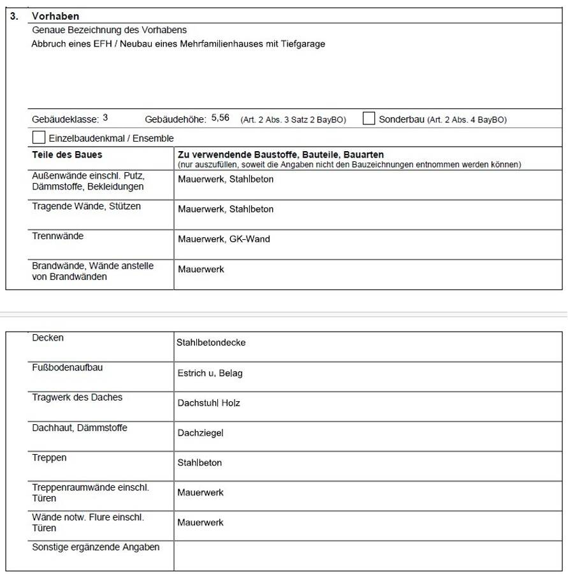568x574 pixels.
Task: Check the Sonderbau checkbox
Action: [x=368, y=119]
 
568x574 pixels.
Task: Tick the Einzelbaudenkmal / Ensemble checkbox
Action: [x=39, y=137]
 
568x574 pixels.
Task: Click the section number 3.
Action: [x=14, y=16]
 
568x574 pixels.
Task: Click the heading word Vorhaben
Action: [x=55, y=16]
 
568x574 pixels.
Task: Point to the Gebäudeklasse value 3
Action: [x=105, y=118]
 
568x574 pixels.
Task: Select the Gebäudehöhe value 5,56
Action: [x=220, y=118]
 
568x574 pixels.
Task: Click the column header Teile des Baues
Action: [x=67, y=155]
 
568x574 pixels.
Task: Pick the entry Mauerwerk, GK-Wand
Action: [x=224, y=239]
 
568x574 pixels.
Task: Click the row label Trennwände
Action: [x=57, y=236]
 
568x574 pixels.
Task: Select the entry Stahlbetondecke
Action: [x=211, y=342]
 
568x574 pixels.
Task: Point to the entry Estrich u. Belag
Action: [x=210, y=373]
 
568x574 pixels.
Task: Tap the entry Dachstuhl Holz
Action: [x=208, y=403]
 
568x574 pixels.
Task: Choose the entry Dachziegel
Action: [x=200, y=433]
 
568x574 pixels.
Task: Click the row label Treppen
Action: [x=49, y=458]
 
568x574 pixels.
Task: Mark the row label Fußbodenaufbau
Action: [x=67, y=367]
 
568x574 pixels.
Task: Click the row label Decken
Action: [x=48, y=338]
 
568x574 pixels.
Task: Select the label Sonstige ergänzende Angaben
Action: [x=96, y=547]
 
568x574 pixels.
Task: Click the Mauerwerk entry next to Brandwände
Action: [x=201, y=270]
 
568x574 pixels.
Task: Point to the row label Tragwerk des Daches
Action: [x=77, y=397]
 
